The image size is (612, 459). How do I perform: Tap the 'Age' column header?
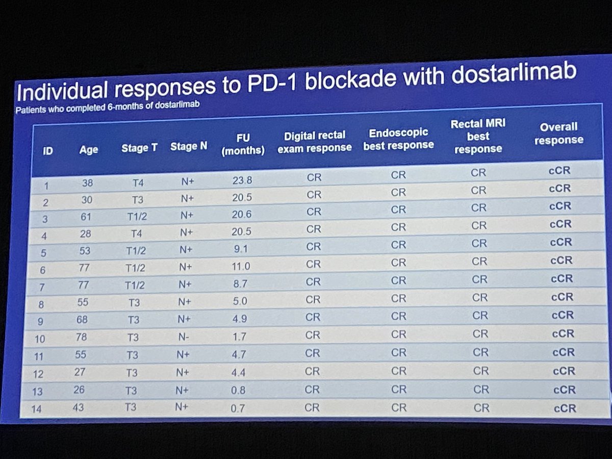click(88, 150)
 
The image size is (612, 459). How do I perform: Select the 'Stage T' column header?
click(139, 148)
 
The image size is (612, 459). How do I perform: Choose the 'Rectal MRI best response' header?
click(478, 136)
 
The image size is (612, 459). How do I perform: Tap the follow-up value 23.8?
click(242, 180)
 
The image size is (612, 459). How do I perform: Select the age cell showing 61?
click(86, 217)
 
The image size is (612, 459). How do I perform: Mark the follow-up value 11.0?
click(241, 265)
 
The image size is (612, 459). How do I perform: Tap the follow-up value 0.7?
click(238, 409)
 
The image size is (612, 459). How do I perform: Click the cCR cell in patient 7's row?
click(562, 278)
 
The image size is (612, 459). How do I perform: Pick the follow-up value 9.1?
click(241, 248)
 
